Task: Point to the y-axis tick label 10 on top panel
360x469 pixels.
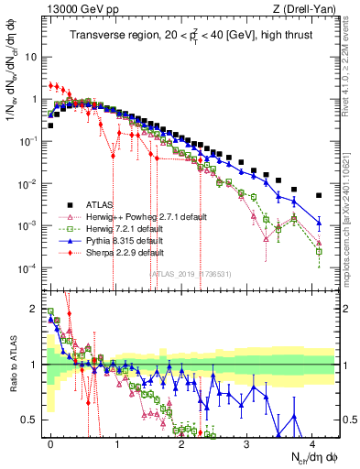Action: [x=31, y=56]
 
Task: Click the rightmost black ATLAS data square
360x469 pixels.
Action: [x=319, y=195]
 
